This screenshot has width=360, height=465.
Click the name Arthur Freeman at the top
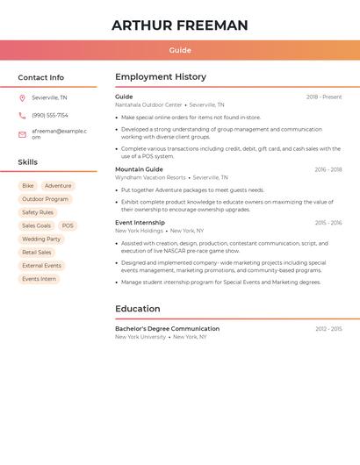(x=180, y=25)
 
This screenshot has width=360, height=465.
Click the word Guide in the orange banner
(x=180, y=50)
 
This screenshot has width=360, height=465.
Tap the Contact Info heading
(x=41, y=77)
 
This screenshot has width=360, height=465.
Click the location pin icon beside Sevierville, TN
(x=22, y=97)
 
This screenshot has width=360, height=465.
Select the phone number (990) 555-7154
(x=50, y=115)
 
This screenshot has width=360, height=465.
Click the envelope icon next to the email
(x=22, y=134)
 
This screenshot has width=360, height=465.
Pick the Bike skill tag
(x=28, y=186)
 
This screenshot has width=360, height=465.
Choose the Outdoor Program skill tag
(x=45, y=199)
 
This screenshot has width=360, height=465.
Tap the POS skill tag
(x=68, y=225)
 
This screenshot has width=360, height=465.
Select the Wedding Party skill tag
(x=41, y=239)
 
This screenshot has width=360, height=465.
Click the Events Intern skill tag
(x=39, y=279)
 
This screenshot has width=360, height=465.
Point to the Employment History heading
(x=161, y=77)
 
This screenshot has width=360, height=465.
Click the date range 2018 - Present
(x=324, y=97)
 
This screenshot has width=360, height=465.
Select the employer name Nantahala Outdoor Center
(x=148, y=104)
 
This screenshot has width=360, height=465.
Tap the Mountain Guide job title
(x=139, y=169)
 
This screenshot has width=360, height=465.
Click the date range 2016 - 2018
(x=328, y=169)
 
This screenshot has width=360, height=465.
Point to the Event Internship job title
(x=140, y=223)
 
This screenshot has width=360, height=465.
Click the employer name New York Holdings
(x=139, y=231)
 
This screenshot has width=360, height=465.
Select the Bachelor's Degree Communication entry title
(x=167, y=329)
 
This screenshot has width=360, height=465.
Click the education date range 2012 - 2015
(x=328, y=329)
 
